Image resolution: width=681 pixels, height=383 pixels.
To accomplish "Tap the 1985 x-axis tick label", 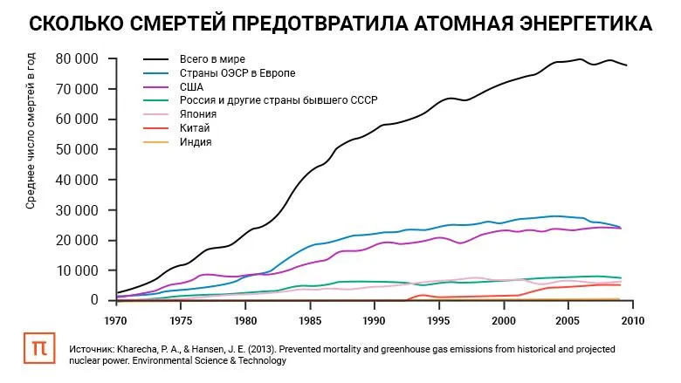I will [310, 319].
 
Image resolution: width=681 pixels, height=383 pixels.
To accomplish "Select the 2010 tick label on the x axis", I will [632, 319].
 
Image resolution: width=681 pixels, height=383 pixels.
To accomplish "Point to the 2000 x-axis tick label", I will [504, 319].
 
